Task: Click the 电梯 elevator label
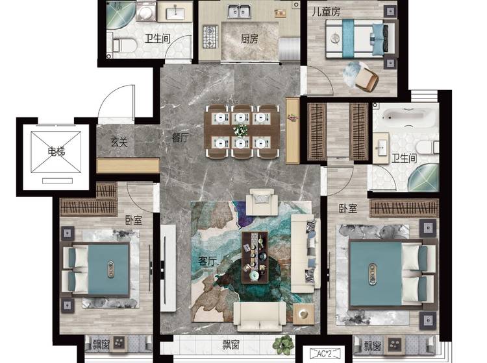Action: coord(56,152)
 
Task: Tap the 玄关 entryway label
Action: coord(119,143)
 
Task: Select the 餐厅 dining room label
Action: coord(180,137)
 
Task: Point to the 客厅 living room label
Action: coord(207,261)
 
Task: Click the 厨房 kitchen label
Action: coord(249,39)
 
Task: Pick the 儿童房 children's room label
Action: coord(326,12)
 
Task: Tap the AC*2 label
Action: coord(325,353)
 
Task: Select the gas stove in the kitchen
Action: coord(210,37)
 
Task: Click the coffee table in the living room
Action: coord(255,257)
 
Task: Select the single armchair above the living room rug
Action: coord(262,202)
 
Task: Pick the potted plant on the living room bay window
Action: coord(283,344)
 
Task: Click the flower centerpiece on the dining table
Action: coord(241,130)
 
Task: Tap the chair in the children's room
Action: coord(366,78)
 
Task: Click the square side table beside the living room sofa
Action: coord(303,314)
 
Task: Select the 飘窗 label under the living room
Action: coord(231,345)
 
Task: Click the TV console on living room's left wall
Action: coord(168,268)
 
